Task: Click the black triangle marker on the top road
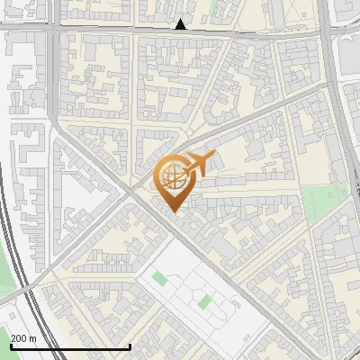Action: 182,24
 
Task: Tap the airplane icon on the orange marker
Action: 197,164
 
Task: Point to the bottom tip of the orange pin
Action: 172,211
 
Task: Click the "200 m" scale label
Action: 23,338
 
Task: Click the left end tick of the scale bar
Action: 10,346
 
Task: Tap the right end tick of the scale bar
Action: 130,346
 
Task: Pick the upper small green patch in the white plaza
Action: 160,277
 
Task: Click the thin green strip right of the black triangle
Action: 213,9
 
